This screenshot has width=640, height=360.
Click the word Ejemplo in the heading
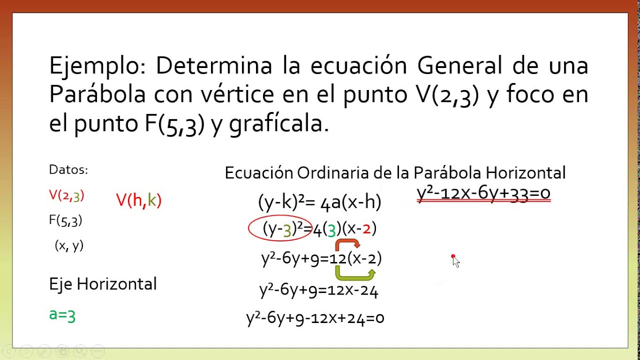[97, 67]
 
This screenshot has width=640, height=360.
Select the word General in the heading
[459, 65]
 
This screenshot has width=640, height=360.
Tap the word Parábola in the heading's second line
[97, 94]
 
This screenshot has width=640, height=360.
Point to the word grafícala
[279, 124]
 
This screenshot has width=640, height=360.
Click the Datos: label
[68, 169]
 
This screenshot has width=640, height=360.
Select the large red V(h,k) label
[139, 200]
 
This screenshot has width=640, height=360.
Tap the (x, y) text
[69, 245]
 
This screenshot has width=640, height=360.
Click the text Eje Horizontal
[103, 284]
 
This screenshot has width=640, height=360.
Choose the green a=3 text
[62, 315]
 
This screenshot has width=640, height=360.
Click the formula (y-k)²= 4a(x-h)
[319, 202]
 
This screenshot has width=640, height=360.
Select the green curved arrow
[355, 276]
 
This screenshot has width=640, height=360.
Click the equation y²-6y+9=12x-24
[319, 291]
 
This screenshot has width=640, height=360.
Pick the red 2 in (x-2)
[366, 229]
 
